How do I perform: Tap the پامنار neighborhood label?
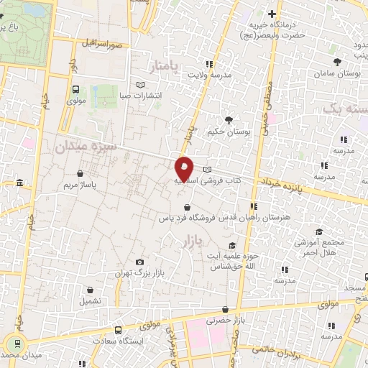pyautogui.click(x=167, y=68)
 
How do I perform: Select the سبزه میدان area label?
pyautogui.click(x=85, y=147)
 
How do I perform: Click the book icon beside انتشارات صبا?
pyautogui.click(x=139, y=84)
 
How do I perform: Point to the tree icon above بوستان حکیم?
pyautogui.click(x=229, y=119)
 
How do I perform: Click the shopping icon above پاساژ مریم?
pyautogui.click(x=80, y=173)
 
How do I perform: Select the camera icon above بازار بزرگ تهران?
pyautogui.click(x=139, y=262)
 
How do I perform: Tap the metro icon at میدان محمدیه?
pyautogui.click(x=14, y=344)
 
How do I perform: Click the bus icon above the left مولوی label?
pyautogui.click(x=75, y=90)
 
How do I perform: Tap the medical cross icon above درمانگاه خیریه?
pyautogui.click(x=272, y=14)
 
